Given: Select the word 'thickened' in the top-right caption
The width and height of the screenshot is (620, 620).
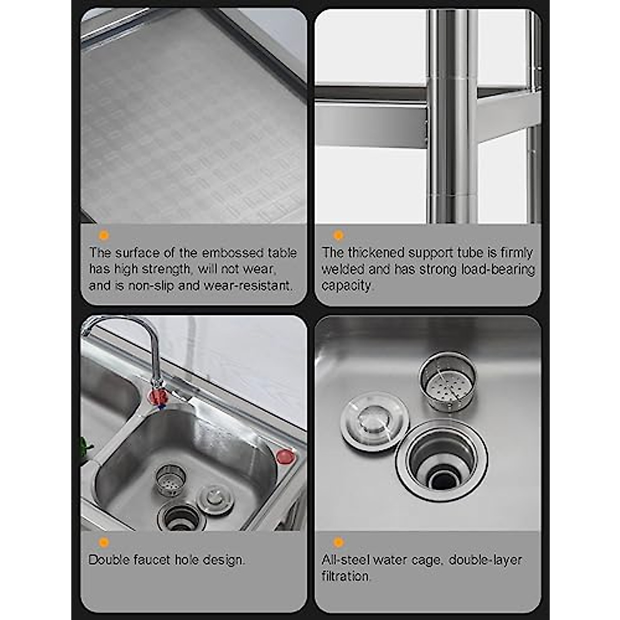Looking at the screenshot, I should (x=376, y=253).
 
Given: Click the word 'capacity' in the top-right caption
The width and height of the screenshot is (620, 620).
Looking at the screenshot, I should (x=346, y=285).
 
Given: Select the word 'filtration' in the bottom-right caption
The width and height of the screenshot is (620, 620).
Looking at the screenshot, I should (x=346, y=576).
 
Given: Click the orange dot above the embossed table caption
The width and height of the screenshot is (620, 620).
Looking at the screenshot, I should (x=104, y=236).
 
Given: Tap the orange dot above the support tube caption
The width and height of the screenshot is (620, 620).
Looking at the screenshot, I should (x=338, y=236).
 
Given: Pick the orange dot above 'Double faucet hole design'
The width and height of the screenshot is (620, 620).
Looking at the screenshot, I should (x=104, y=542).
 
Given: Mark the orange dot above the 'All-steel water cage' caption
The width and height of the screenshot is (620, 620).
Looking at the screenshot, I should (x=338, y=542).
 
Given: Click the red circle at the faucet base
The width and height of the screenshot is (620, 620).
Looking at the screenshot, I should (x=159, y=397).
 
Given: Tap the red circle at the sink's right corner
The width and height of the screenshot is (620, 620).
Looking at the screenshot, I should (x=285, y=457).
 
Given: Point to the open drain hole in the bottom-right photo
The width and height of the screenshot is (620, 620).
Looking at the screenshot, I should (x=442, y=460).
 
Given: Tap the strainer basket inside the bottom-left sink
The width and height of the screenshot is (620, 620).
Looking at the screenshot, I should (x=170, y=480).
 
